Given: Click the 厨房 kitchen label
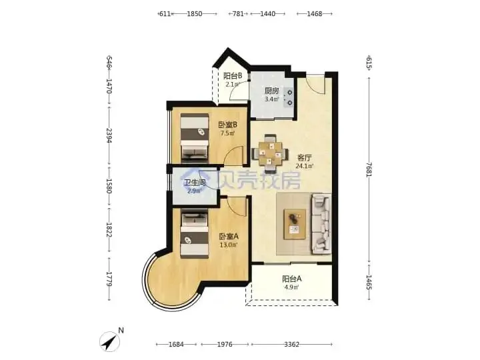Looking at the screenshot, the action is pyautogui.click(x=272, y=91).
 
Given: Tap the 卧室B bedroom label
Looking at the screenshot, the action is pyautogui.click(x=228, y=125).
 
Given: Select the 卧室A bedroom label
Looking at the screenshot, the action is pyautogui.click(x=229, y=236).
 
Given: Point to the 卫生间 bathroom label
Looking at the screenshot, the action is pyautogui.click(x=195, y=183).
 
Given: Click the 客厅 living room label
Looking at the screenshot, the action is pyautogui.click(x=305, y=158).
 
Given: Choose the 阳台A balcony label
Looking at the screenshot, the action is pyautogui.click(x=292, y=279).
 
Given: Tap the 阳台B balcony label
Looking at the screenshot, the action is pyautogui.click(x=233, y=75).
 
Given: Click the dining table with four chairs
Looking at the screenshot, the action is pyautogui.click(x=270, y=153).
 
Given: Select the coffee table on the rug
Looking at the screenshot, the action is pyautogui.click(x=295, y=224).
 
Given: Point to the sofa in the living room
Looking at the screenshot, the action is pyautogui.click(x=321, y=224).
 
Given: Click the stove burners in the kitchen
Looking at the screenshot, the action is pyautogui.click(x=289, y=97).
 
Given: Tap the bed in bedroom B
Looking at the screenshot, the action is pyautogui.click(x=195, y=138).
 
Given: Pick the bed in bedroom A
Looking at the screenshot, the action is pyautogui.click(x=195, y=233).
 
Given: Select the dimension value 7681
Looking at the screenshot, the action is pyautogui.click(x=369, y=169).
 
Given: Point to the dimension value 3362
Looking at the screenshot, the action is pyautogui.click(x=291, y=345).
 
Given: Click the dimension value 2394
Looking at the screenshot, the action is pyautogui.click(x=109, y=135).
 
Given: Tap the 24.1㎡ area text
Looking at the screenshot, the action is pyautogui.click(x=305, y=166).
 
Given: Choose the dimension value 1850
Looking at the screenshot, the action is pyautogui.click(x=195, y=13).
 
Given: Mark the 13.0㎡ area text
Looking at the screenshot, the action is pyautogui.click(x=229, y=245).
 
